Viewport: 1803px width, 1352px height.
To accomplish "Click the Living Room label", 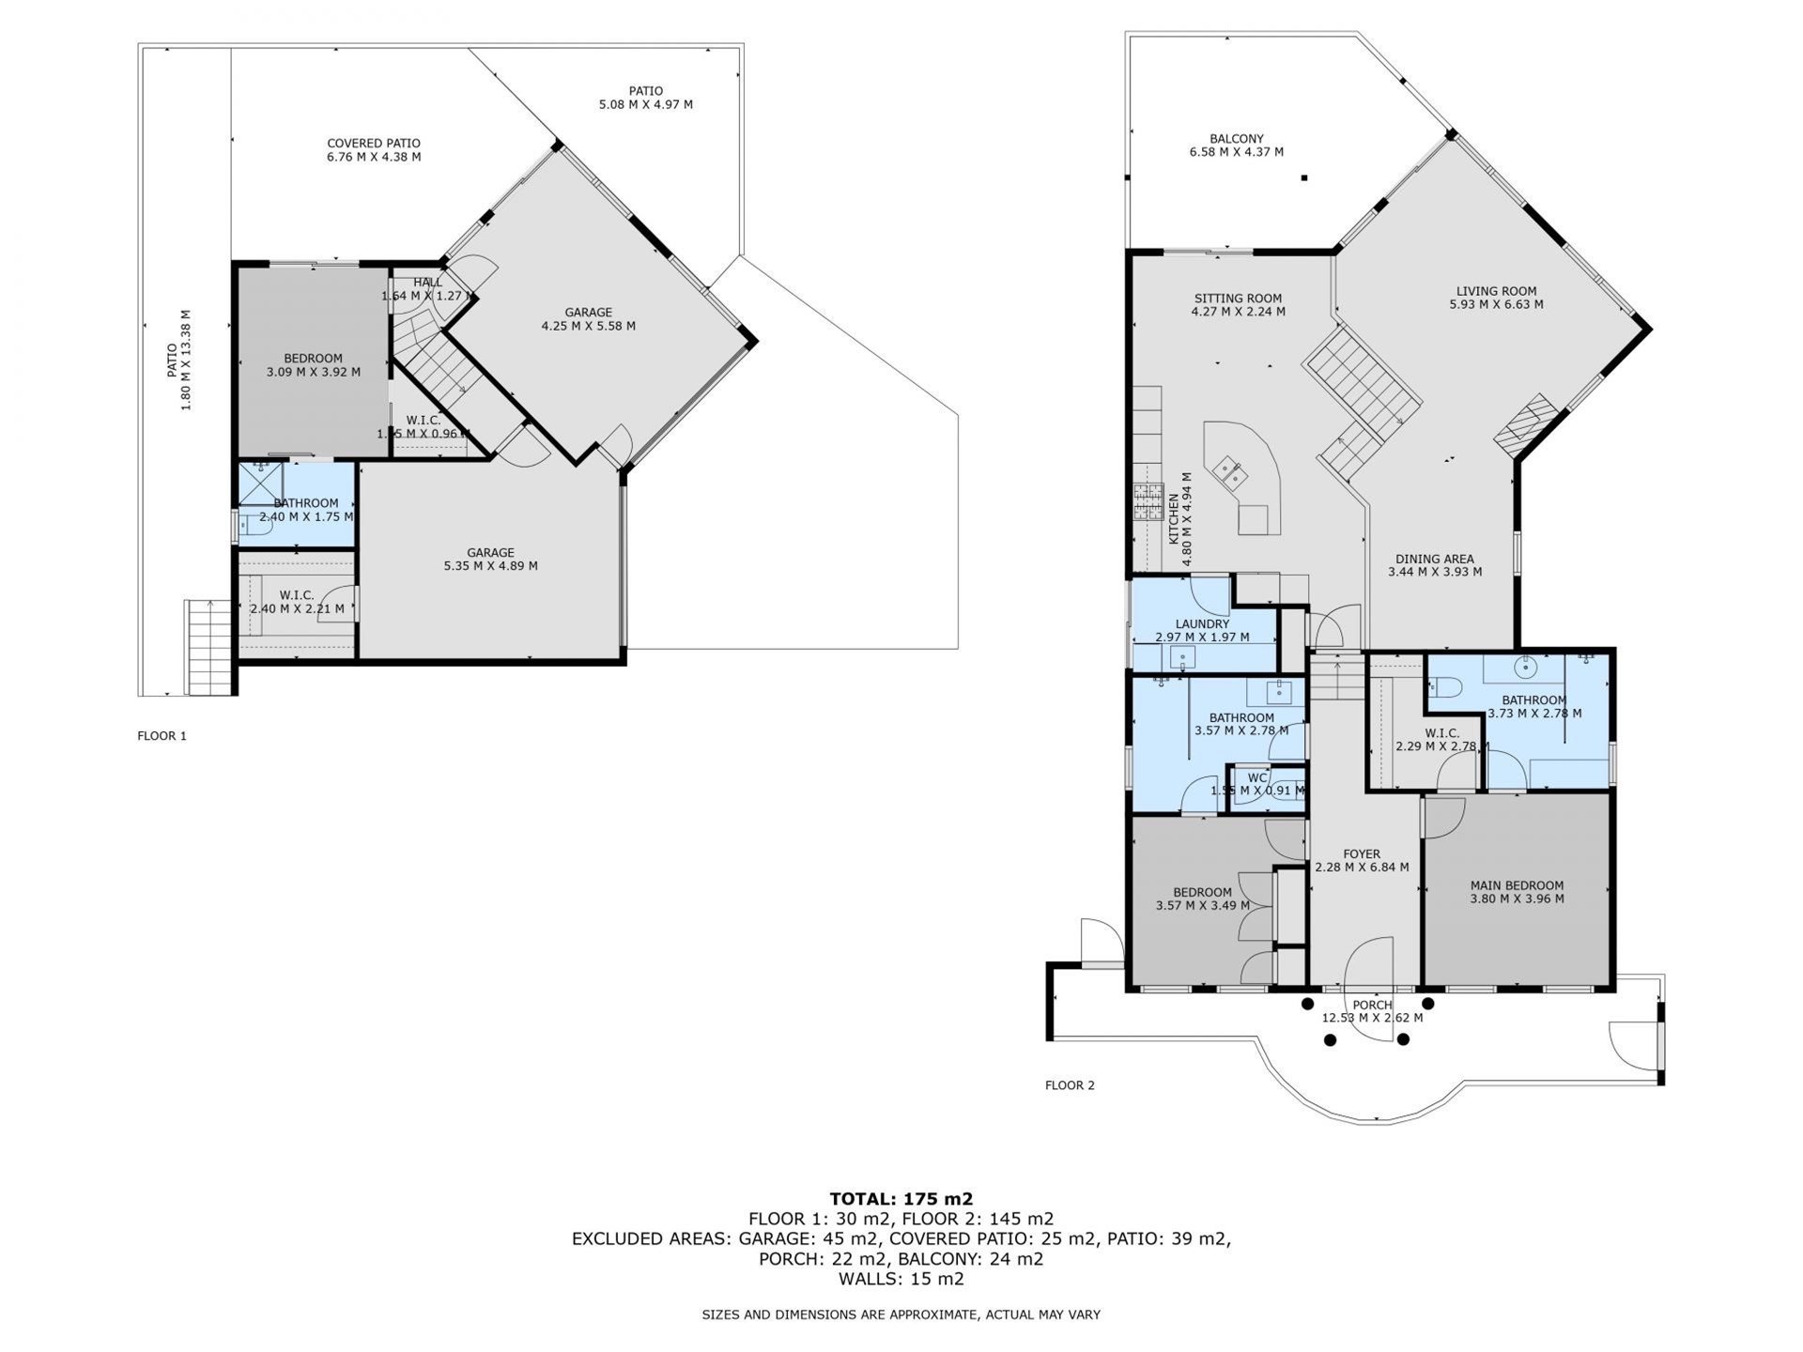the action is tap(1496, 291).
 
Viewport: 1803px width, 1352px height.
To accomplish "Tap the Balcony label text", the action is tap(1236, 138).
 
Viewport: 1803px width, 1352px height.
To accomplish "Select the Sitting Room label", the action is tap(1238, 299).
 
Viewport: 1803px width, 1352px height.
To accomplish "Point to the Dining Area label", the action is tap(1434, 559).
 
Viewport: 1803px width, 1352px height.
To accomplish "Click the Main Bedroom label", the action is tap(1517, 885).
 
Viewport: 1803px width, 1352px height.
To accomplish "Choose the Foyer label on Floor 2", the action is tap(1362, 854).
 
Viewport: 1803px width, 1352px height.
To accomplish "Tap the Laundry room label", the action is tap(1202, 623).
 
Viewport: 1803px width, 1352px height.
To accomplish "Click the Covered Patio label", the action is tap(374, 144).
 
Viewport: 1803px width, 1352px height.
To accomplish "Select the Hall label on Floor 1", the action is tap(427, 283).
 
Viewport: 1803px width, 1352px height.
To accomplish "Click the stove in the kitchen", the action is tap(1148, 501).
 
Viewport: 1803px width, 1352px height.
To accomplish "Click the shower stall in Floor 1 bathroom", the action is tap(260, 484).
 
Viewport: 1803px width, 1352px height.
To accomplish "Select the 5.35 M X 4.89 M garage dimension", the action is tap(490, 566).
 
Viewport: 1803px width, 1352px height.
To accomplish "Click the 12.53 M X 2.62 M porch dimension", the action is tap(1372, 1018).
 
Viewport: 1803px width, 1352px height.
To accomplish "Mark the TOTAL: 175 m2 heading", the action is tap(901, 1199).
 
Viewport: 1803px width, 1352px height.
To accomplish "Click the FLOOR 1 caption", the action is tap(162, 736).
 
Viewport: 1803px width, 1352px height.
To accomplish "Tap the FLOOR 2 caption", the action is tap(1070, 1085).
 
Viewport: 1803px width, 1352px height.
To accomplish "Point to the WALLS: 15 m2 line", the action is tap(901, 1279).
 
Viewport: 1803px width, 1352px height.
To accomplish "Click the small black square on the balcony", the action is tap(1304, 177).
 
